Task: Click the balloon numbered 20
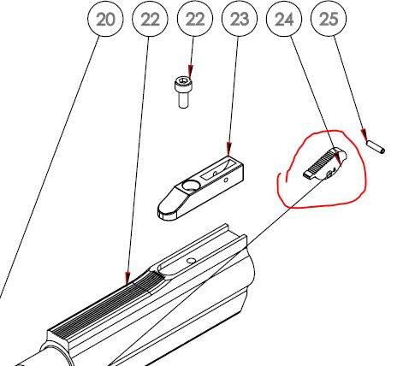pos(105,19)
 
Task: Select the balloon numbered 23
pos(240,19)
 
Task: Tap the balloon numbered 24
pos(284,19)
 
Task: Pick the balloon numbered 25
pos(329,19)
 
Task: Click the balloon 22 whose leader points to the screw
pos(195,19)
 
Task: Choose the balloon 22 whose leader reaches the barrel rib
pos(150,19)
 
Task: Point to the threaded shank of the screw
pos(183,100)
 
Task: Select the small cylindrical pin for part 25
pos(376,146)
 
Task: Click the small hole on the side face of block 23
pos(226,180)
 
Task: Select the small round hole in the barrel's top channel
pos(191,261)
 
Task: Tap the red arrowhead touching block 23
pos(228,150)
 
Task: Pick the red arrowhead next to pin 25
pos(365,135)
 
